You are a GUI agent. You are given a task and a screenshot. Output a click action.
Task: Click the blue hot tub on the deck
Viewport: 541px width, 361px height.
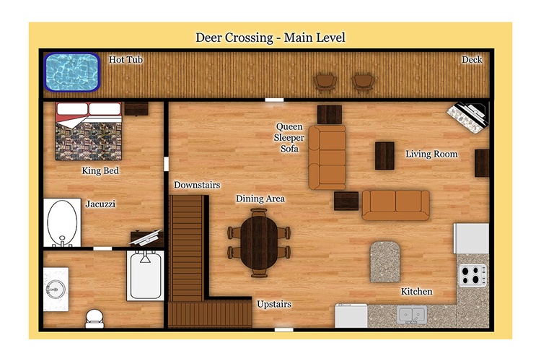pos(71,72)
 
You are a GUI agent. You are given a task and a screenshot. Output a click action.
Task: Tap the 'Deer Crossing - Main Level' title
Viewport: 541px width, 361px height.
pos(270,38)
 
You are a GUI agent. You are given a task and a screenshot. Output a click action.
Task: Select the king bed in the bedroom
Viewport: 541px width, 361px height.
pos(89,131)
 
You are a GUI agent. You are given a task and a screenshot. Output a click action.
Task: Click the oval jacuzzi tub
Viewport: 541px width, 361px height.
pos(62,223)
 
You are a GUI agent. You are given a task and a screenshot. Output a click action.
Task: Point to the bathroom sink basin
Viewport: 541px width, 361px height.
pos(56,289)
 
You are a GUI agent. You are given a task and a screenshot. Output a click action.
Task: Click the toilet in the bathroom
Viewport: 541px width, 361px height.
pos(94,318)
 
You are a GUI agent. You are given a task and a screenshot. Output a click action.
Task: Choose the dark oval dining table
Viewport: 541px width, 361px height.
pos(259,243)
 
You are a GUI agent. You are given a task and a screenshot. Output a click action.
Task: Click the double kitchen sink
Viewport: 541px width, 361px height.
pos(412,315)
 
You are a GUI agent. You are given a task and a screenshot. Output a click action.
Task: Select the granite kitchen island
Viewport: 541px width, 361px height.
pos(385,261)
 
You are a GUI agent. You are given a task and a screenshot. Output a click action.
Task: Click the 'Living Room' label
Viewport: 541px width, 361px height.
pos(431,154)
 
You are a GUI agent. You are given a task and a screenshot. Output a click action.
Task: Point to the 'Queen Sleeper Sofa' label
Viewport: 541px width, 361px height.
pos(289,137)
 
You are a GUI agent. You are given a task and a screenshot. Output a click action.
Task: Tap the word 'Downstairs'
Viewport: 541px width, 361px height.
pos(197,185)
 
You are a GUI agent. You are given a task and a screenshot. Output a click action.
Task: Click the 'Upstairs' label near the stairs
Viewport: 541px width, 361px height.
pos(274,305)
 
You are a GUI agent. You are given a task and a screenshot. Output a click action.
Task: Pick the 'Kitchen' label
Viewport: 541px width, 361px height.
pos(416,292)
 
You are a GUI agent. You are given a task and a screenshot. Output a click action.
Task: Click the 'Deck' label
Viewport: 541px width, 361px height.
pos(472,60)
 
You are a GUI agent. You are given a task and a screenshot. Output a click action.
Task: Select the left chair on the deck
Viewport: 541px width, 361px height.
pos(325,83)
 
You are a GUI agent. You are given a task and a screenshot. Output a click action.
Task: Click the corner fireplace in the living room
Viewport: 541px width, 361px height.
pos(469,117)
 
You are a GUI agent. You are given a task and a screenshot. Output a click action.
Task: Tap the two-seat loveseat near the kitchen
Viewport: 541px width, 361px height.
pos(395,205)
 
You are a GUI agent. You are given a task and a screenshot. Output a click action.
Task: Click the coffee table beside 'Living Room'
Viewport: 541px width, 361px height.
pos(384,156)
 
